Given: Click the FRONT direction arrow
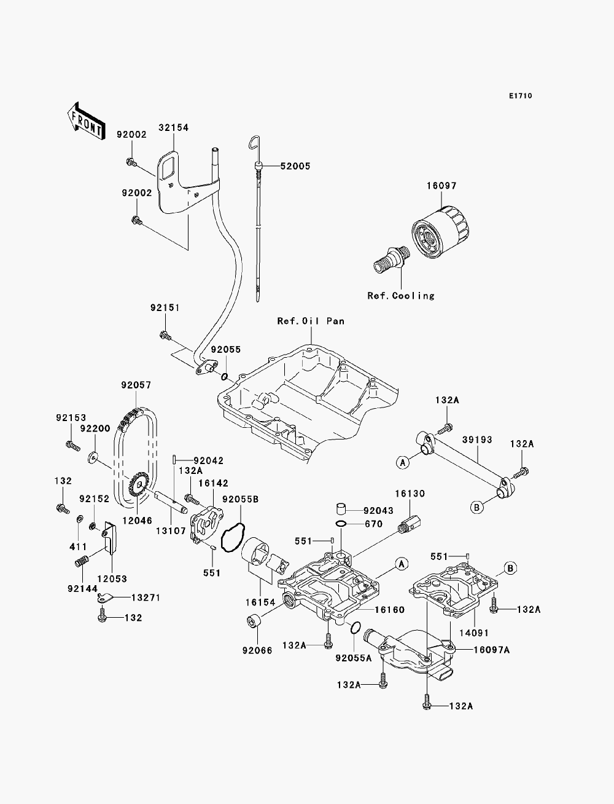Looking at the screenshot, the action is pyautogui.click(x=86, y=121).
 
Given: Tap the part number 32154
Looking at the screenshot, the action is pyautogui.click(x=173, y=127).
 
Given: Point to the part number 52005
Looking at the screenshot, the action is pyautogui.click(x=295, y=166).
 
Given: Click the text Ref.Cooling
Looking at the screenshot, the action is pyautogui.click(x=401, y=296).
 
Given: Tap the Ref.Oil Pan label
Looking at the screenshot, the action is pyautogui.click(x=311, y=321).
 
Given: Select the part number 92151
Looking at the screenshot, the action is pyautogui.click(x=165, y=308).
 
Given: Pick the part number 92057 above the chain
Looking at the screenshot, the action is pyautogui.click(x=136, y=385).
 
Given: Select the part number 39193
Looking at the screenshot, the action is pyautogui.click(x=477, y=439).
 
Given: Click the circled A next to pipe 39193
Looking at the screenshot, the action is pyautogui.click(x=403, y=463).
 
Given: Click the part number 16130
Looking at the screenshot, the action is pyautogui.click(x=410, y=494).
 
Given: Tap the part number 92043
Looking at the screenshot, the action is pyautogui.click(x=378, y=511).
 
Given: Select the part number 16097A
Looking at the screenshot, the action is pyautogui.click(x=491, y=650).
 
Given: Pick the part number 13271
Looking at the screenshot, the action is pyautogui.click(x=146, y=598).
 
